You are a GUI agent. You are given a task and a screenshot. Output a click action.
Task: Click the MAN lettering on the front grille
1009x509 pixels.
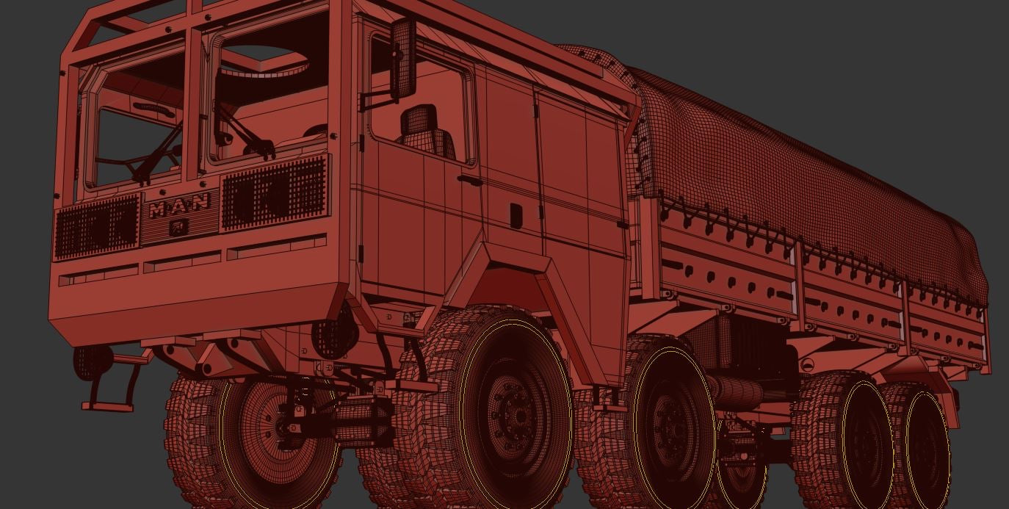tap(180, 206)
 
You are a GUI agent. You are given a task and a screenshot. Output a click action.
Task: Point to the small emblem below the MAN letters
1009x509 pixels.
tap(176, 228)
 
